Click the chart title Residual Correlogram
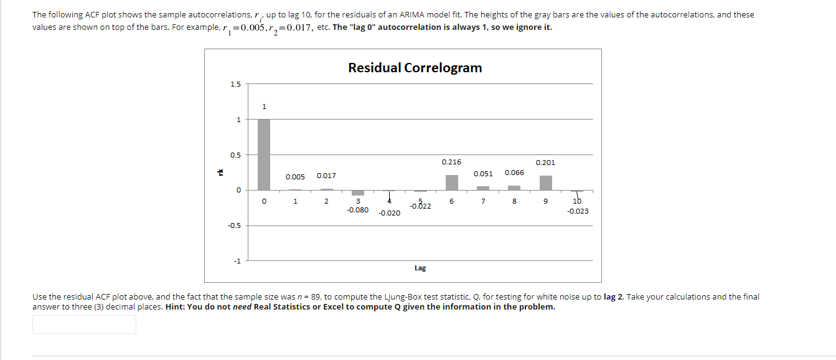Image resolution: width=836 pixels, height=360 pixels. click(415, 68)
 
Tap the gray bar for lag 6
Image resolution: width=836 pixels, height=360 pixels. click(451, 182)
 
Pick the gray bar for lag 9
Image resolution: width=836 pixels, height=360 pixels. click(545, 182)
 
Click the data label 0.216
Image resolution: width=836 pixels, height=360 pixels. click(451, 162)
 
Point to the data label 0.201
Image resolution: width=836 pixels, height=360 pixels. click(545, 163)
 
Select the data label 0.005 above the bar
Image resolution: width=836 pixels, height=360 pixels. click(295, 177)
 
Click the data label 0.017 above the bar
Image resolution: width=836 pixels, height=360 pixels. click(326, 176)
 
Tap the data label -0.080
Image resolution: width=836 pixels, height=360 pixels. click(357, 211)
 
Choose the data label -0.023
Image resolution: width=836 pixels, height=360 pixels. click(578, 211)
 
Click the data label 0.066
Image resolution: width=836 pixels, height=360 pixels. click(514, 173)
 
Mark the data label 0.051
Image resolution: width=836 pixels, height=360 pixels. click(483, 174)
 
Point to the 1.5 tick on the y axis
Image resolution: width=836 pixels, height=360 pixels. click(235, 84)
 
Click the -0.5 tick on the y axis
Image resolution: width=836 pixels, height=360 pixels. click(233, 225)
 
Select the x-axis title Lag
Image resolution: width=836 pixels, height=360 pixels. click(420, 268)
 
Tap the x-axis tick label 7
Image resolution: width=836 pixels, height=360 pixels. click(483, 201)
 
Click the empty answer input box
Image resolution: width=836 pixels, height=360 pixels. click(84, 324)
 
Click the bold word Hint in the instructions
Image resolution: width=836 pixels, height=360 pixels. click(176, 307)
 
